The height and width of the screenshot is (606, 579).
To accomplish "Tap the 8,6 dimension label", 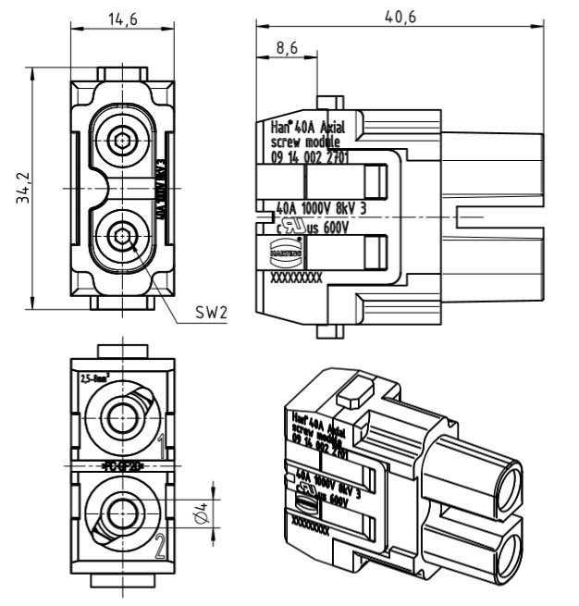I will [x=289, y=48].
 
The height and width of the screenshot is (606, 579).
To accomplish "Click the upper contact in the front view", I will [x=120, y=142].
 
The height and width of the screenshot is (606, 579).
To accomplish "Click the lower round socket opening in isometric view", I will [x=500, y=555].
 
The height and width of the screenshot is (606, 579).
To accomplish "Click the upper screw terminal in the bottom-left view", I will [x=120, y=414].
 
